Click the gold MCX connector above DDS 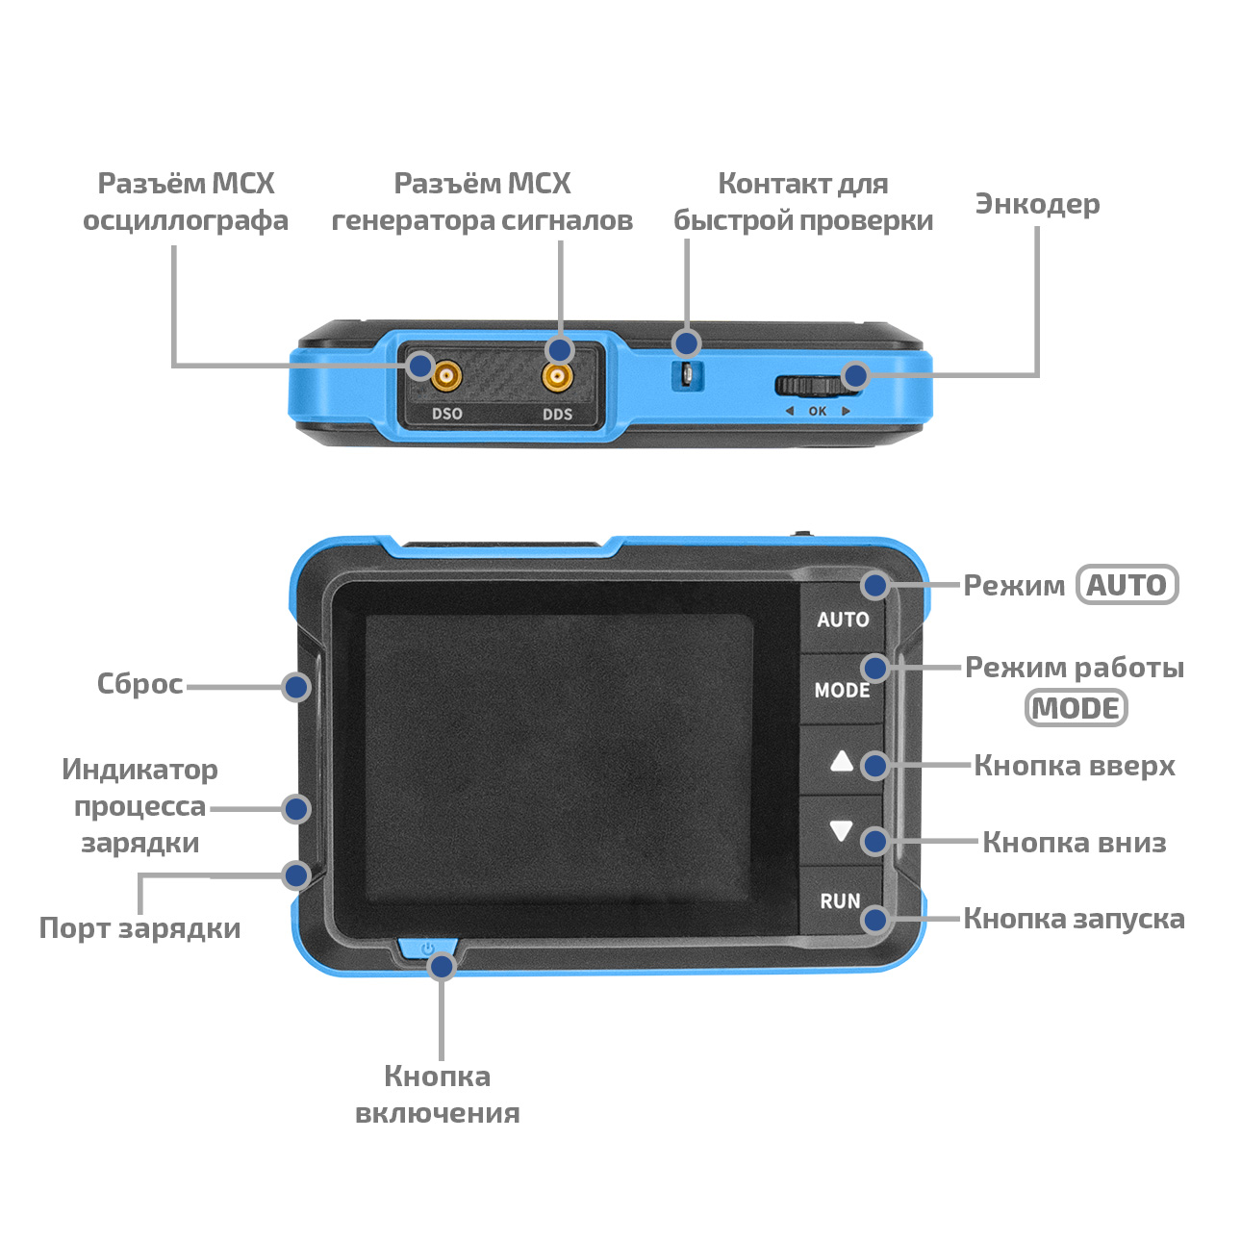557,376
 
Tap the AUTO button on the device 843,619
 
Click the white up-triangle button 842,762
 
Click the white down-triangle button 841,831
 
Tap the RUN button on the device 840,900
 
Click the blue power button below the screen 428,950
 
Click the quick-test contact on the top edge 687,374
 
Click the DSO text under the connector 447,413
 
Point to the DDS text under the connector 557,414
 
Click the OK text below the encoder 818,411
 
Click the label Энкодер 1037,204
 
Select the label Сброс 139,684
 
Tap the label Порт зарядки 139,928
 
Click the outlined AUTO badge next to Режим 1127,585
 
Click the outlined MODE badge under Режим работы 1076,708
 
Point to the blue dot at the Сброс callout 296,687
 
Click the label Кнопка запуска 1074,919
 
